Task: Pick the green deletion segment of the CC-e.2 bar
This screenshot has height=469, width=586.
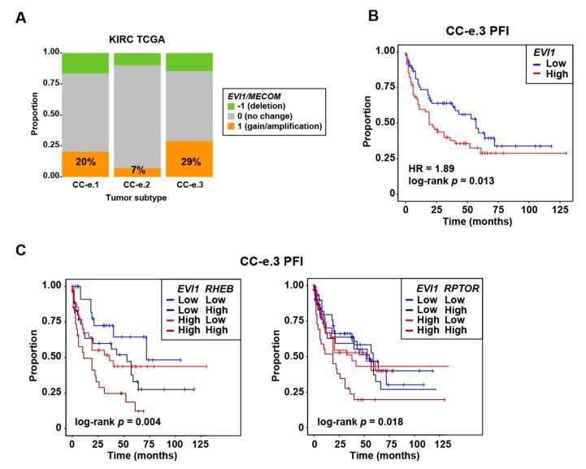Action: coord(138,59)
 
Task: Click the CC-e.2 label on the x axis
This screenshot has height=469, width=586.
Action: coord(138,185)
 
